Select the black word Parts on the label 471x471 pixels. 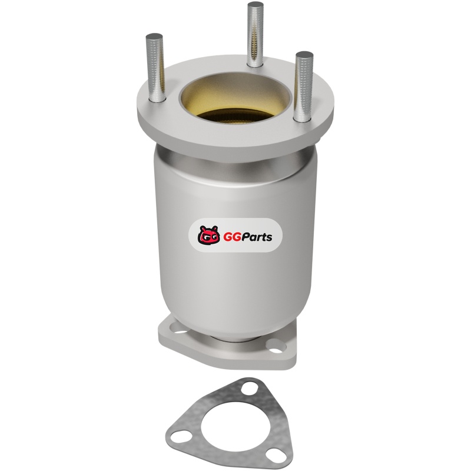pos(257,237)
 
